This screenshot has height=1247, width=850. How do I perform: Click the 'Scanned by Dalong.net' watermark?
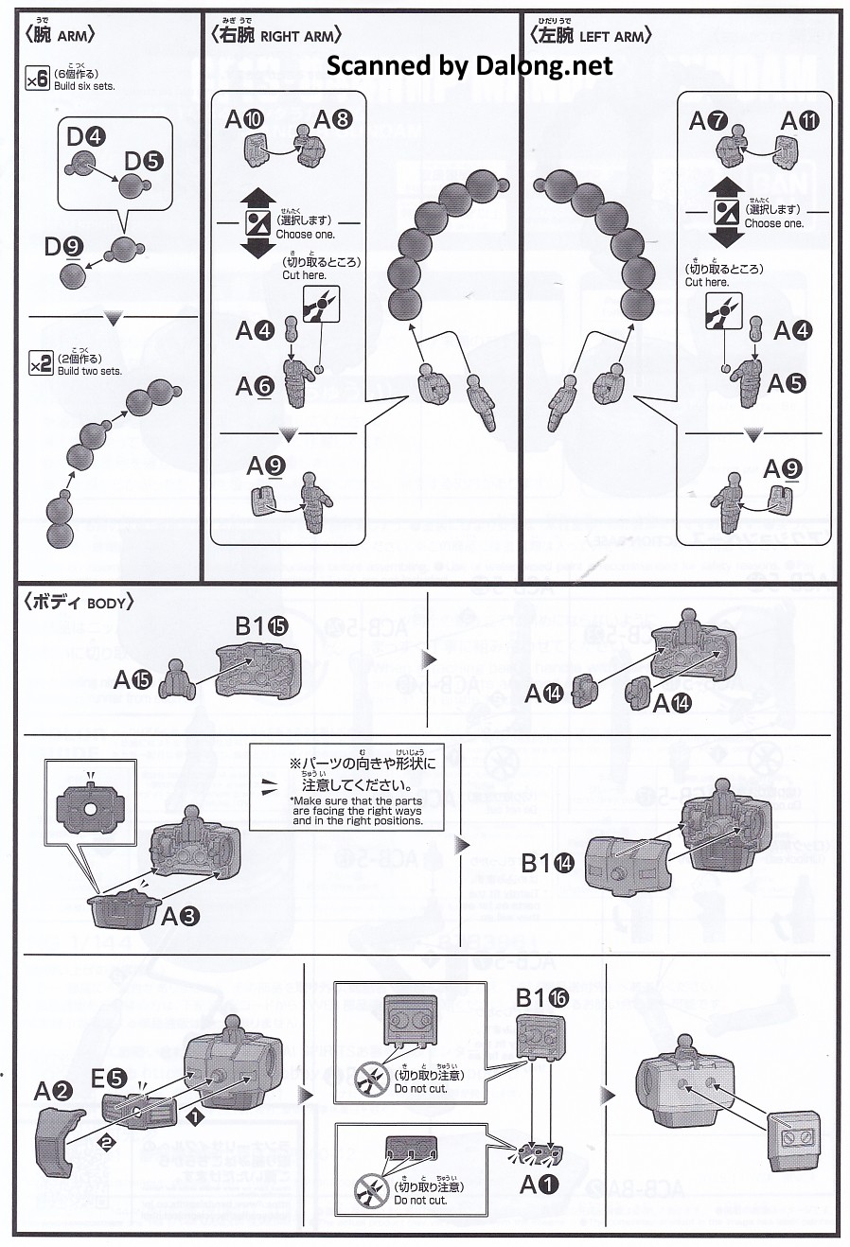pos(469,65)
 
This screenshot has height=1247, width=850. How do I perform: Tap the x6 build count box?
pos(37,79)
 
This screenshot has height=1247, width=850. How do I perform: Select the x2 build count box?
pos(40,363)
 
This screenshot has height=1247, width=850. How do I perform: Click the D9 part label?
pos(63,247)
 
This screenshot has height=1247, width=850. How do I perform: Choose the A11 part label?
pos(799,121)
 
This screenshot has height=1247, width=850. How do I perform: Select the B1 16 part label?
pos(542,997)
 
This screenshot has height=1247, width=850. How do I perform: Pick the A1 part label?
pos(540,1184)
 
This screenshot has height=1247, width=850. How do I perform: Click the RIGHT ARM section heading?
pos(275,36)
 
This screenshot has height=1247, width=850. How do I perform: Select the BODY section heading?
pos(80,602)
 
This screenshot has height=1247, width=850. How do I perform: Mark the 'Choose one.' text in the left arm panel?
pos(773,224)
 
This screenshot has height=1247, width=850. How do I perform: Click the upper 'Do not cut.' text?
pos(420,1088)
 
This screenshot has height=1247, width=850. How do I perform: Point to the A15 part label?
pos(133,678)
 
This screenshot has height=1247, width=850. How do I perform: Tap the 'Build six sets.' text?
pos(84,86)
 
